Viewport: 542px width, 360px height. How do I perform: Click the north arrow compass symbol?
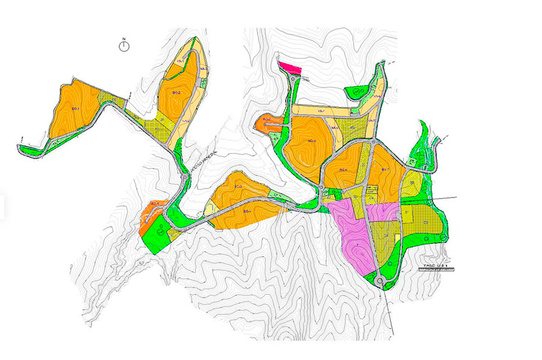click(x=124, y=46)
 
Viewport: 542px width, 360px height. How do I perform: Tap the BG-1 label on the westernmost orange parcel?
click(x=76, y=109)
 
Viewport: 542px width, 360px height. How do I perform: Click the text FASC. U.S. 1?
click(x=435, y=264)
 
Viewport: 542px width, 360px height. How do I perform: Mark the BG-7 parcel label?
click(x=386, y=170)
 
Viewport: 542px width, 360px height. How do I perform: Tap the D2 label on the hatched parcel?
click(x=425, y=223)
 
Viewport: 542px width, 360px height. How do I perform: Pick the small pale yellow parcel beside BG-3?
click(x=209, y=208)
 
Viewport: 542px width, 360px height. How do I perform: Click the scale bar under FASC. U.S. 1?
click(x=436, y=271)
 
